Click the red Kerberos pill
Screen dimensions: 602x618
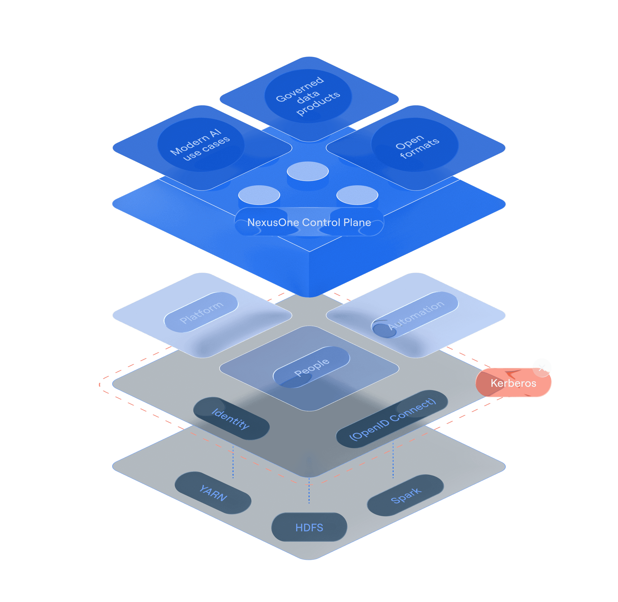coord(513,383)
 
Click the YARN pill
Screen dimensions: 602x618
coord(213,493)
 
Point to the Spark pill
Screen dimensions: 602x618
coord(405,495)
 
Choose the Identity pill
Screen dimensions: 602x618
coord(231,418)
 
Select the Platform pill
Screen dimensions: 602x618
coord(201,312)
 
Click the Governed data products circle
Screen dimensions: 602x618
coord(308,96)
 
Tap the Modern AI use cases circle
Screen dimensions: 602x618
coord(201,145)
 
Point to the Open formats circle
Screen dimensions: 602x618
coord(415,145)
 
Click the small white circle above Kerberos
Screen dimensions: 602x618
coord(542,367)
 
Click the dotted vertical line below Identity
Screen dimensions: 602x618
coord(233,462)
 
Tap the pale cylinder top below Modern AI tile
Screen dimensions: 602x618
coord(259,195)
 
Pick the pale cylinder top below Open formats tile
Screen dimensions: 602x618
coord(357,195)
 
